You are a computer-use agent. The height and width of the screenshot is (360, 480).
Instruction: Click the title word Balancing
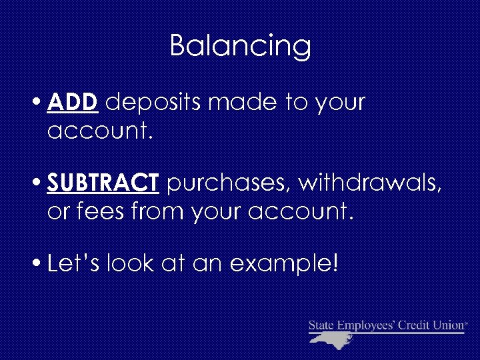click(240, 47)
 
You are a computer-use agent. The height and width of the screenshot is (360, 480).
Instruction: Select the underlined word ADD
click(73, 103)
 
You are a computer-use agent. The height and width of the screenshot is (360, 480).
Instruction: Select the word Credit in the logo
click(413, 325)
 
